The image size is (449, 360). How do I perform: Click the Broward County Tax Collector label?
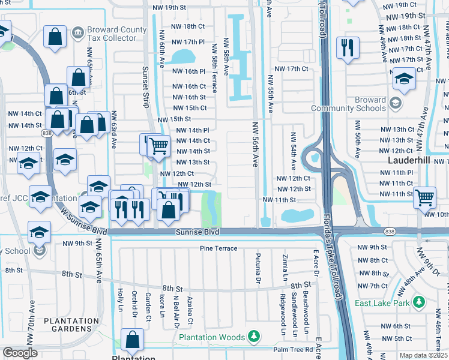(116, 34)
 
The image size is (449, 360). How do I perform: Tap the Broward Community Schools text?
(349, 104)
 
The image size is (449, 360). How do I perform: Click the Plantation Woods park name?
(212, 337)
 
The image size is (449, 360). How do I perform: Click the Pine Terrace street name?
(218, 248)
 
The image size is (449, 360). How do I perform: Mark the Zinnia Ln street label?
(285, 267)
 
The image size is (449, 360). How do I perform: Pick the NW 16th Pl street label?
(189, 71)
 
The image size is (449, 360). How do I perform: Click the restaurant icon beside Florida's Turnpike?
(347, 48)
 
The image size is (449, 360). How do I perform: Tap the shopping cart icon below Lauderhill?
(424, 196)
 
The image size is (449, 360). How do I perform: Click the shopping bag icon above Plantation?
(133, 340)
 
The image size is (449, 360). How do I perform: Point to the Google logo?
(19, 353)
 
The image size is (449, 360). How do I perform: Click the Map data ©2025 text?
(423, 355)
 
